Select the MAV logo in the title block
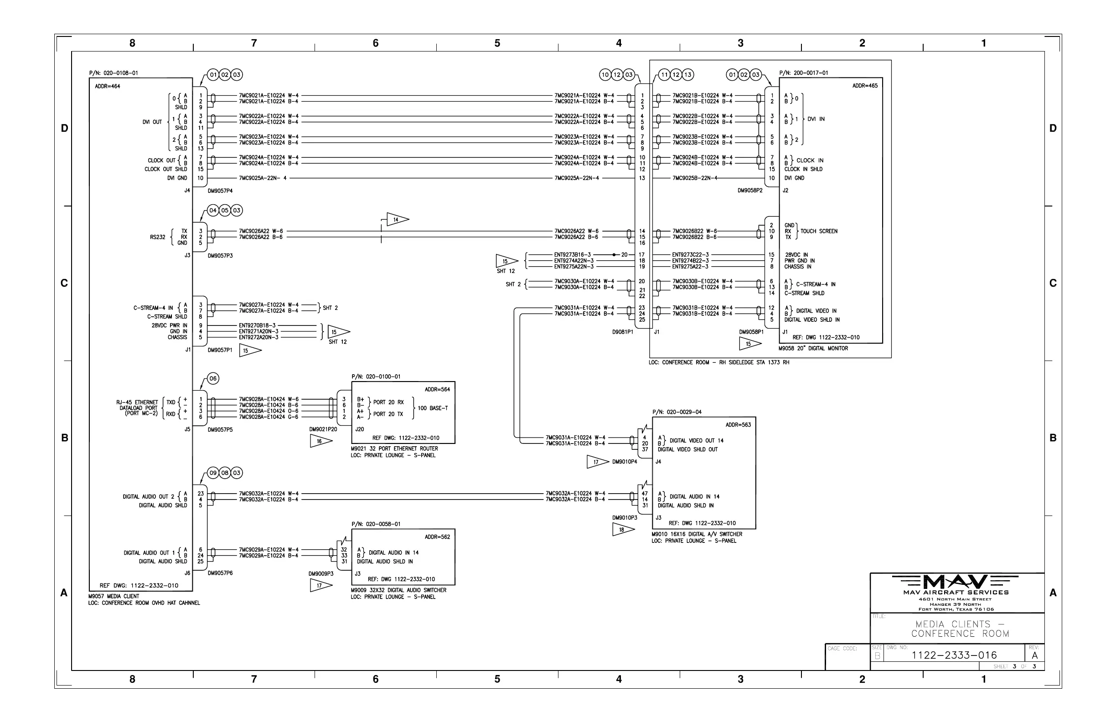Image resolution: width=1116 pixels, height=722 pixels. click(x=956, y=582)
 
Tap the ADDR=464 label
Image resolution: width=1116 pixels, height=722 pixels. click(x=108, y=86)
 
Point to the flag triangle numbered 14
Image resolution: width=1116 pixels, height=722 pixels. click(x=397, y=219)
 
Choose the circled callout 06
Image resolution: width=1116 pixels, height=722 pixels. click(x=213, y=378)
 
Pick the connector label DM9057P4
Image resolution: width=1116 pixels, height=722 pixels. click(x=220, y=191)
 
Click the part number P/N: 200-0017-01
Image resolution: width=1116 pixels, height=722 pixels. click(x=804, y=73)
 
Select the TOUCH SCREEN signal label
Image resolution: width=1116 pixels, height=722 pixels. click(x=819, y=231)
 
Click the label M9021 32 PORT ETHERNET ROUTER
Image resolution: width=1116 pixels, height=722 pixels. click(x=394, y=449)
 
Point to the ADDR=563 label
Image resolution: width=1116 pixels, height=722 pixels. click(x=738, y=425)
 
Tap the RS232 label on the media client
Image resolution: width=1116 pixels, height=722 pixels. click(x=158, y=237)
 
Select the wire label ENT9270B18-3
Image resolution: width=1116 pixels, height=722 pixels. click(x=257, y=325)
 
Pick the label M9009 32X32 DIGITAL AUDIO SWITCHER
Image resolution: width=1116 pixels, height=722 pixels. click(x=398, y=590)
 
